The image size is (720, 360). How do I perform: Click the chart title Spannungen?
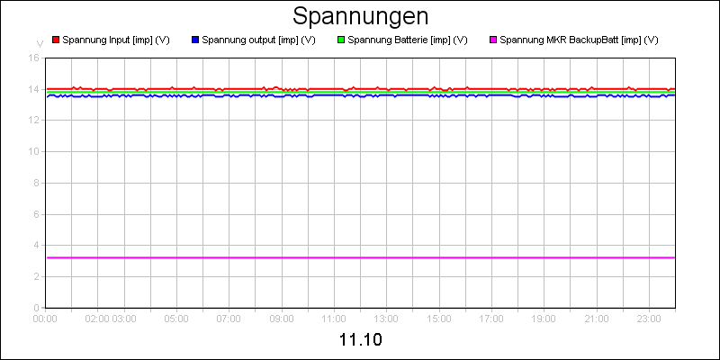pyautogui.click(x=360, y=16)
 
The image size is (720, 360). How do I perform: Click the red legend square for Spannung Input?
pyautogui.click(x=55, y=40)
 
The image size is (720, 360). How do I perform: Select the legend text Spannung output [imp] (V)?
pyautogui.click(x=258, y=40)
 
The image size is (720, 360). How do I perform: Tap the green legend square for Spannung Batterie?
pyautogui.click(x=341, y=40)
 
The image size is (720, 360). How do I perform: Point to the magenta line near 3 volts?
pyautogui.click(x=360, y=257)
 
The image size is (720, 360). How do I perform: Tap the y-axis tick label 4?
pyautogui.click(x=36, y=245)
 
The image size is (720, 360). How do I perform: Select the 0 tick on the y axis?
pyautogui.click(x=36, y=308)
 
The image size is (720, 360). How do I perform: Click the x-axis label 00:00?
pyautogui.click(x=45, y=318)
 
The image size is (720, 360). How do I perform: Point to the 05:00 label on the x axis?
pyautogui.click(x=176, y=318)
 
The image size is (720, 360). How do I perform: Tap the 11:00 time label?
pyautogui.click(x=334, y=318)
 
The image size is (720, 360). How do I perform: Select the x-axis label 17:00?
pyautogui.click(x=491, y=318)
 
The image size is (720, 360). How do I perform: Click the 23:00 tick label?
pyautogui.click(x=649, y=318)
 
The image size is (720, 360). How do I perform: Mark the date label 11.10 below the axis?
pyautogui.click(x=360, y=341)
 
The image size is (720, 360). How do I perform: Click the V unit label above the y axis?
pyautogui.click(x=39, y=43)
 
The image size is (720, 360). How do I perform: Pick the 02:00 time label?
pyautogui.click(x=97, y=318)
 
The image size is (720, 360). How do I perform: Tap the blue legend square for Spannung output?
pyautogui.click(x=195, y=40)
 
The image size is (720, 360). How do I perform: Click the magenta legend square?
pyautogui.click(x=492, y=40)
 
